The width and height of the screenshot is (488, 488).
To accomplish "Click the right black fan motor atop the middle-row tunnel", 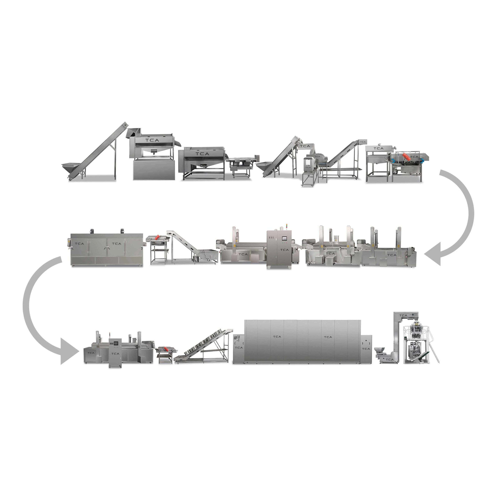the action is click(x=122, y=231).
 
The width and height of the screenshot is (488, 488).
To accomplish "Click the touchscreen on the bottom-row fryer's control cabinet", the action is click(x=116, y=343).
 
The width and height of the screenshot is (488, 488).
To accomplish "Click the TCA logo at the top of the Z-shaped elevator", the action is click(x=403, y=315).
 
